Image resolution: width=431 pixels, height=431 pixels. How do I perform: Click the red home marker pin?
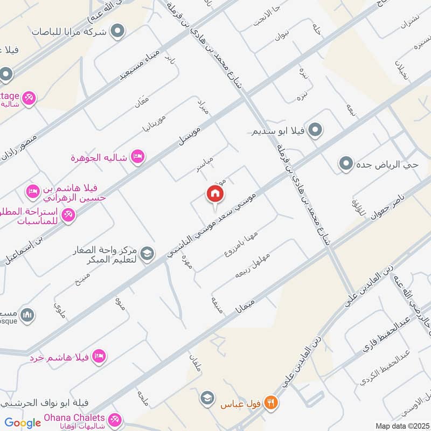[x=214, y=195]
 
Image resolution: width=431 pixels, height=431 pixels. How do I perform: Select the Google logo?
[x=23, y=423]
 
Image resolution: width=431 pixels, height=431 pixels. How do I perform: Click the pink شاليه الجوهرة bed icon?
[x=138, y=157]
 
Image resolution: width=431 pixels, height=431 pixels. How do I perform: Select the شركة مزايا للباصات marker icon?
[x=116, y=32]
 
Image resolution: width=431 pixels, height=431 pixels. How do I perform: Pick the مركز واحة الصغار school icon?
[x=146, y=252]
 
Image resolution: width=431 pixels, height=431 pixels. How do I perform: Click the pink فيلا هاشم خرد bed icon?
[x=99, y=356]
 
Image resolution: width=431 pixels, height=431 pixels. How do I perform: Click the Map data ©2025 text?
[x=401, y=426]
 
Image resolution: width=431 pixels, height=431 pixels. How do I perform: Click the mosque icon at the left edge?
[x=27, y=314]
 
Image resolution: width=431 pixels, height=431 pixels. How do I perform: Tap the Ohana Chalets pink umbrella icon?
[x=114, y=419]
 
